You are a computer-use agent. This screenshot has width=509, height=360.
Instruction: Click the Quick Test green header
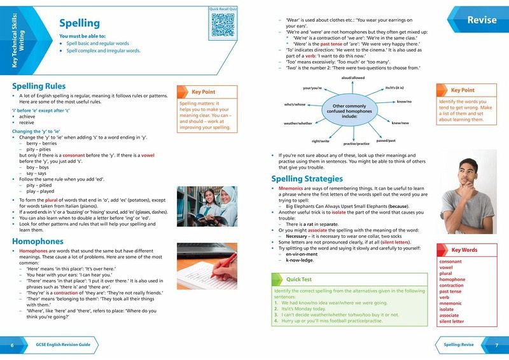(293, 278)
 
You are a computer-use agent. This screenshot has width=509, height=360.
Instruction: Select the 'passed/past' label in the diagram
(386, 139)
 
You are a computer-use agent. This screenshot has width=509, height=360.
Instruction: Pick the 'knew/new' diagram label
(400, 123)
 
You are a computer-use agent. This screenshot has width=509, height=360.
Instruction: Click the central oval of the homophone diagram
(347, 112)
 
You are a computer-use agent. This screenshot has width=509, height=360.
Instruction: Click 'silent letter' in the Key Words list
(452, 322)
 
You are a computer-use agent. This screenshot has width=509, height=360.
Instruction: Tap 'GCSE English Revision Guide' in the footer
(63, 345)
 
